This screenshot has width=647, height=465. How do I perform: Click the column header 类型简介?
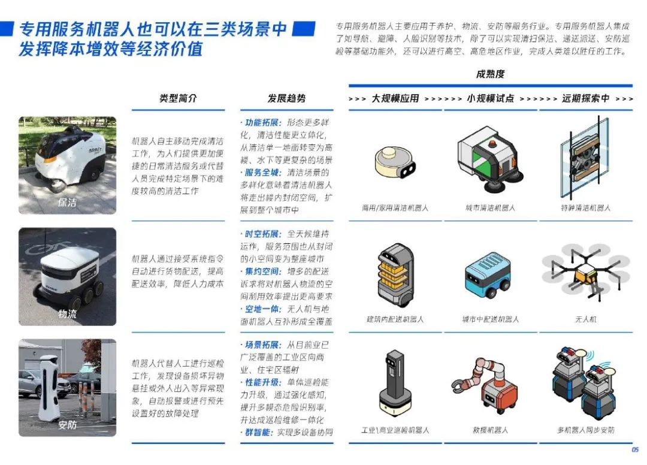pyautogui.click(x=179, y=98)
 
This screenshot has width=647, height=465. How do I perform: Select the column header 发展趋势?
pyautogui.click(x=287, y=98)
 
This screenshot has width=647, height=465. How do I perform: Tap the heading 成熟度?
pyautogui.click(x=490, y=74)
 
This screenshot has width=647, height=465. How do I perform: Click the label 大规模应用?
pyautogui.click(x=395, y=98)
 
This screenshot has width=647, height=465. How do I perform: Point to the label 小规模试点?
pyautogui.click(x=491, y=98)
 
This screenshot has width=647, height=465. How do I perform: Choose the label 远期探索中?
pyautogui.click(x=585, y=98)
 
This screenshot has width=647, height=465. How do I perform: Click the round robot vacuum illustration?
pyautogui.click(x=395, y=162)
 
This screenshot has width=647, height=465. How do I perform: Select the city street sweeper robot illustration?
pyautogui.click(x=490, y=159)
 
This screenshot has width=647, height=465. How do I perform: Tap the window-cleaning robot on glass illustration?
pyautogui.click(x=585, y=157)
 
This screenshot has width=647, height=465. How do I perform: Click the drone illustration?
pyautogui.click(x=585, y=271)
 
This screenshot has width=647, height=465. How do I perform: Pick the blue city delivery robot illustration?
pyautogui.click(x=488, y=275)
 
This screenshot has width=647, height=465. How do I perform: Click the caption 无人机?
pyautogui.click(x=585, y=319)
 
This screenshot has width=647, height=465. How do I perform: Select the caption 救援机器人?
pyautogui.click(x=490, y=430)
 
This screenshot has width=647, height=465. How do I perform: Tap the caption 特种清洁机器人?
pyautogui.click(x=585, y=207)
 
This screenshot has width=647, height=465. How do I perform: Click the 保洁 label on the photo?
pyautogui.click(x=67, y=202)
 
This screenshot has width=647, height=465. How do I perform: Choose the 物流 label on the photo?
pyautogui.click(x=67, y=314)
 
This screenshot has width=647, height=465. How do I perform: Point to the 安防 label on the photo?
pyautogui.click(x=67, y=425)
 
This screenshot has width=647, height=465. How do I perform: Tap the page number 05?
pyautogui.click(x=635, y=450)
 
